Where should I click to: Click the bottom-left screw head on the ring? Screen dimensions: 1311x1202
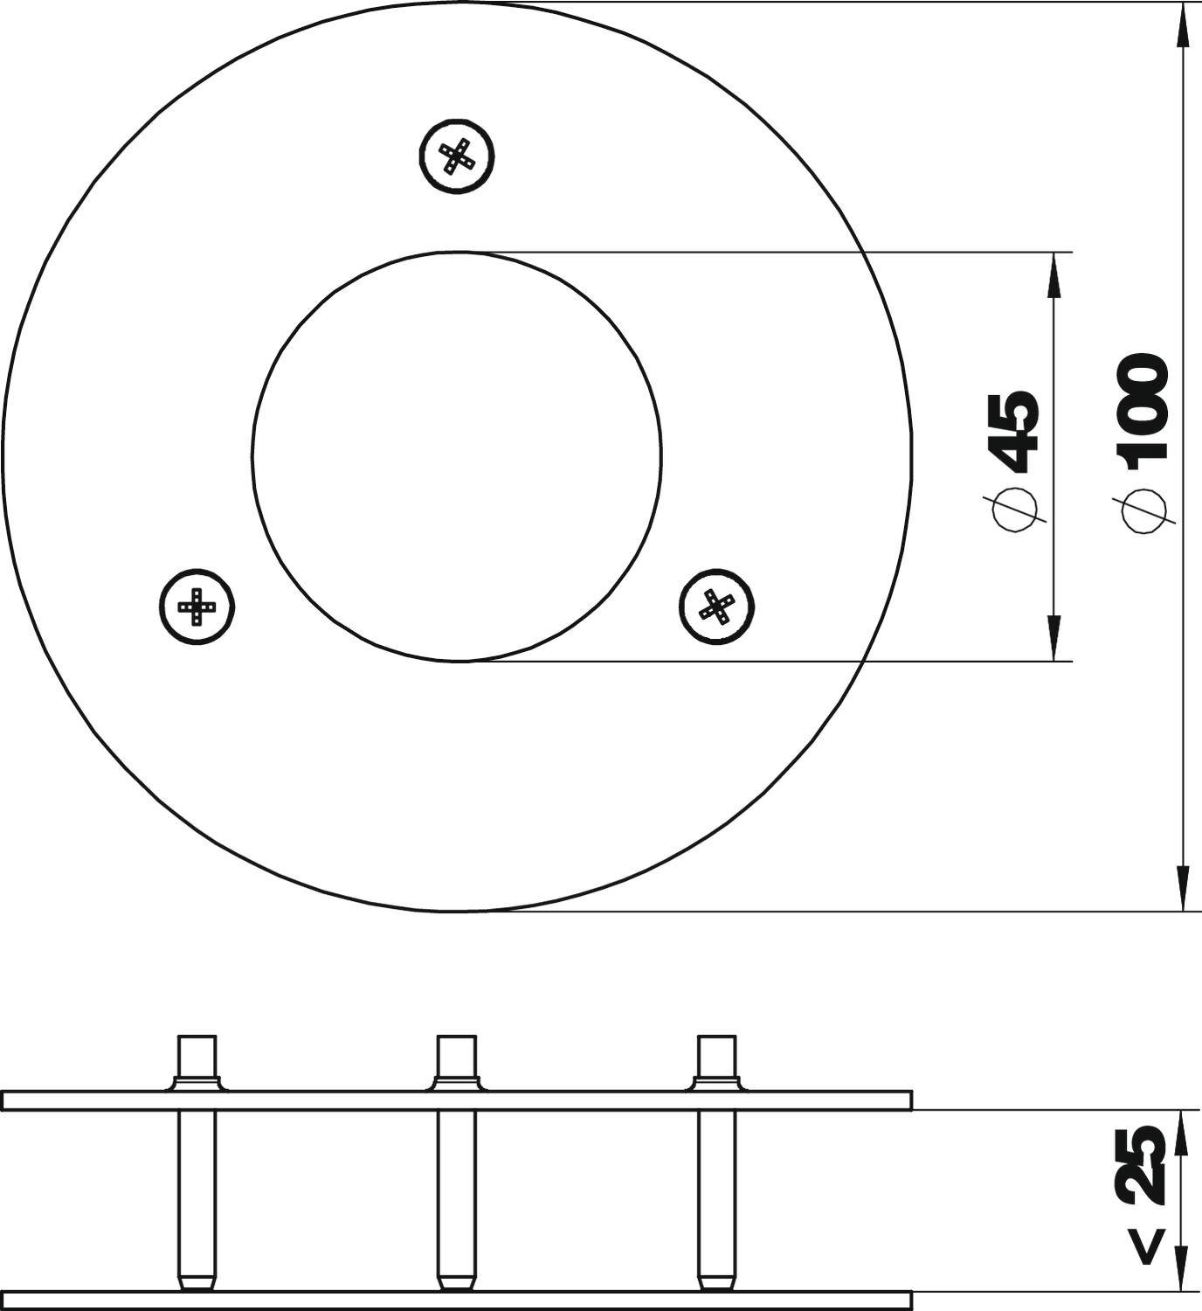(198, 606)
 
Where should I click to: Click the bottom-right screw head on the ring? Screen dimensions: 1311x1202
(717, 606)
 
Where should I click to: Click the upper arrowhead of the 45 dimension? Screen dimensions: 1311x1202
(1054, 275)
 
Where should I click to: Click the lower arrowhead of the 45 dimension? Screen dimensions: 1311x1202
(1054, 638)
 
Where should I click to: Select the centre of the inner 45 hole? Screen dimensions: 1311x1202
(457, 456)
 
